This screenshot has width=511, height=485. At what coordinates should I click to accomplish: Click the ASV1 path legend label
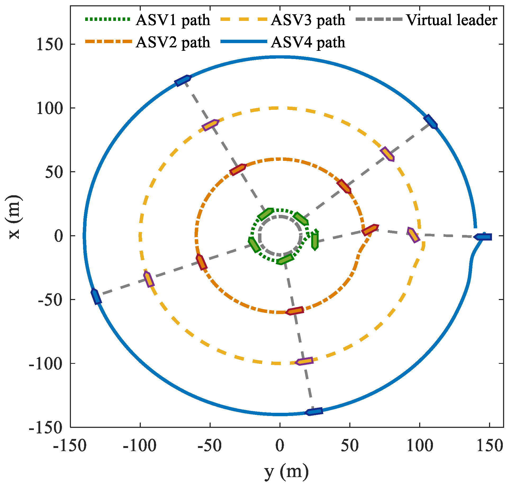coord(173,20)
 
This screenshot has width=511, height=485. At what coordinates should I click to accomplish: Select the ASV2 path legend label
coord(173,42)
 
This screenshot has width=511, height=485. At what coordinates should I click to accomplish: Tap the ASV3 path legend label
coord(308,20)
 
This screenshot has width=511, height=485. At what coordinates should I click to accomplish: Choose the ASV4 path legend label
coord(308,42)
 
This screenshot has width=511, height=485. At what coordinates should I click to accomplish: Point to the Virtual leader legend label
coord(452,20)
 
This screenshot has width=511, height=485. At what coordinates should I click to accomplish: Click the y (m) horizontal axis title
coord(286,472)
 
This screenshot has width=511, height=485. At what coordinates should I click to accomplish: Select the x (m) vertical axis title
coord(14,217)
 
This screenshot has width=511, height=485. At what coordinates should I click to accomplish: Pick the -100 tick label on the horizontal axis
coord(140,446)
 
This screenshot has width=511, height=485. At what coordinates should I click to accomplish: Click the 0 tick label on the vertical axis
coord(58,236)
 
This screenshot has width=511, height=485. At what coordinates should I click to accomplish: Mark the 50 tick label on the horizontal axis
coord(350,446)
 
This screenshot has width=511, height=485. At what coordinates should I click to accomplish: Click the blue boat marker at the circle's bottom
coord(314,412)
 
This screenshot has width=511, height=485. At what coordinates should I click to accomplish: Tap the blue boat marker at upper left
coord(183,80)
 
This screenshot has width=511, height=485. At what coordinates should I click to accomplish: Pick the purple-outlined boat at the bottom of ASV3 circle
coord(304,361)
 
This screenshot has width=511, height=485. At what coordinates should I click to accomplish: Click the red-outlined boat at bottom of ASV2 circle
coord(295,311)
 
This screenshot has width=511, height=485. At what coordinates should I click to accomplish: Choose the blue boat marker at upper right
coord(431,122)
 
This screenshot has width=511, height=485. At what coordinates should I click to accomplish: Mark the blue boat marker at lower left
coord(96,297)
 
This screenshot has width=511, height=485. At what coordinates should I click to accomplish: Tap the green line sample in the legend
coord(107,19)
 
